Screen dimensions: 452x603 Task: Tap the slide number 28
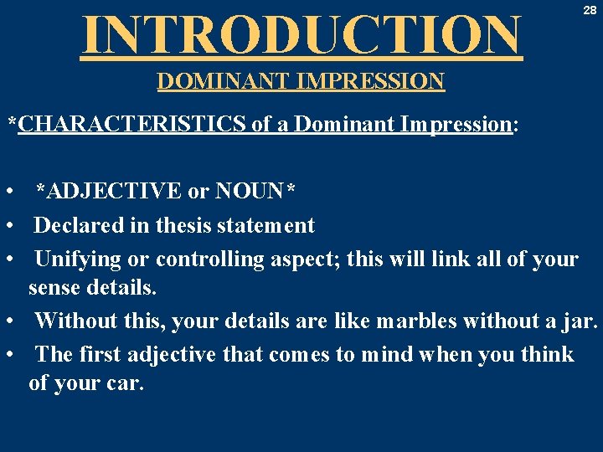point(590,9)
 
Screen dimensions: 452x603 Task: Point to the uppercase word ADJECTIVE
point(114,192)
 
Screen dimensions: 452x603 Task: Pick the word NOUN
point(250,192)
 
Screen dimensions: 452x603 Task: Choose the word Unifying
point(77,259)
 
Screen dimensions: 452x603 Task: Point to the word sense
point(54,289)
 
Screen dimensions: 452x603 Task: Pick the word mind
point(387,355)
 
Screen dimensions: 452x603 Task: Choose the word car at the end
point(126,384)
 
